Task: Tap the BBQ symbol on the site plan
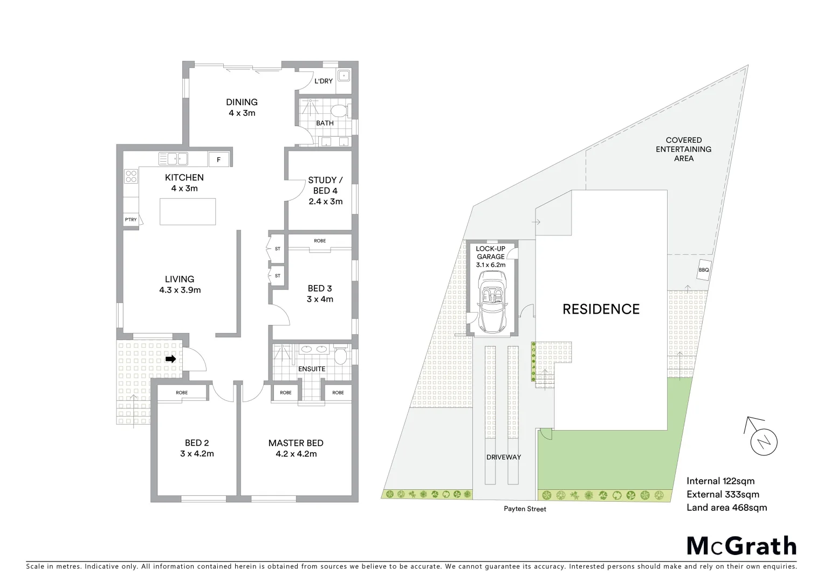coord(704,271)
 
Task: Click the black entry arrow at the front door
coord(171,359)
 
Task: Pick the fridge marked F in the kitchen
coord(218,160)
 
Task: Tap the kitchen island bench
coord(188,212)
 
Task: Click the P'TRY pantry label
coord(131,220)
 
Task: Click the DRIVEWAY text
coord(503,457)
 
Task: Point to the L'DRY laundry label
coord(324,81)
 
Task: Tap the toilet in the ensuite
coord(341,356)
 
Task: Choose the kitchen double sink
coord(173,159)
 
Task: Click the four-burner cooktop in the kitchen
coord(131,176)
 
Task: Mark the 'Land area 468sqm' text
coord(726,507)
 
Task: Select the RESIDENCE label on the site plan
coord(601,309)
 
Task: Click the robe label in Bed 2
coord(182,393)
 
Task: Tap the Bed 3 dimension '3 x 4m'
coord(320,299)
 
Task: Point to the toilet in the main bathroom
coord(339,112)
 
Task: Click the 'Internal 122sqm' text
coord(720,481)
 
